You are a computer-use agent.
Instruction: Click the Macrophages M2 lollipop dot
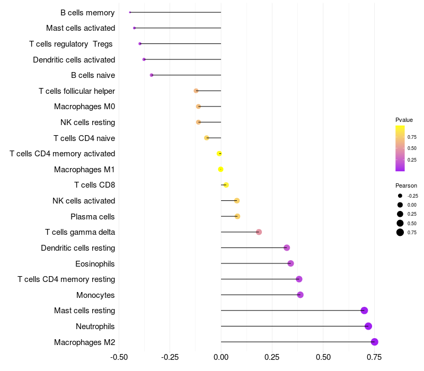375,342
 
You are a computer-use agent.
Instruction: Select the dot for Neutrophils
368,326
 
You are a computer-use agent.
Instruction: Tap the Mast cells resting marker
364,311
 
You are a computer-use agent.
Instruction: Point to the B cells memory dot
130,12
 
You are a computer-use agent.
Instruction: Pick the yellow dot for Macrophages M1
221,170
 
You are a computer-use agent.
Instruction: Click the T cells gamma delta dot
259,232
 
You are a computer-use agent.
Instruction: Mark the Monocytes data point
301,295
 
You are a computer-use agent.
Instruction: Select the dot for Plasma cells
237,216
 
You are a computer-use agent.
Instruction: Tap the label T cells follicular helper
77,91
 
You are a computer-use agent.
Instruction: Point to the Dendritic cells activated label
74,60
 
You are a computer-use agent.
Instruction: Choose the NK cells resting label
87,122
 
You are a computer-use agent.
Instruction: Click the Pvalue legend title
404,120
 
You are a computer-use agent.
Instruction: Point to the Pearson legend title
406,186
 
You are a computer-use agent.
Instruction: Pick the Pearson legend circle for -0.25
400,196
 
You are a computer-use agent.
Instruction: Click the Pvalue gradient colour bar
400,148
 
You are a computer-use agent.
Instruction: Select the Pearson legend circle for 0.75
400,232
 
